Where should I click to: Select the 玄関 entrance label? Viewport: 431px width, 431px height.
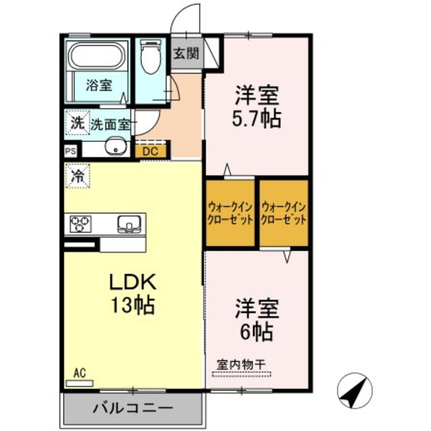[x=186, y=53]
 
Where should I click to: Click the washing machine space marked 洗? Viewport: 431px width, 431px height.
[x=77, y=124]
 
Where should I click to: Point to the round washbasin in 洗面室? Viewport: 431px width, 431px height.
[x=115, y=147]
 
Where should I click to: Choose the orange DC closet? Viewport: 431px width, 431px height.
[x=151, y=151]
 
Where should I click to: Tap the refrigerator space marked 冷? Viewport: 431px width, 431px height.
[x=78, y=176]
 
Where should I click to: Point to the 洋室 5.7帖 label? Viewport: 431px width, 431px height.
[x=257, y=107]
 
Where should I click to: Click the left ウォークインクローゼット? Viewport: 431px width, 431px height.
[x=230, y=212]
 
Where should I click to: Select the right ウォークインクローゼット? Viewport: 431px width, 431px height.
[x=284, y=212]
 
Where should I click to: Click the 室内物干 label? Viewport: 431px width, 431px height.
[x=241, y=364]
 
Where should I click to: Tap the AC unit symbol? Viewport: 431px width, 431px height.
[x=79, y=383]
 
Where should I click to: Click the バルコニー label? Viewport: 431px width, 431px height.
[x=133, y=408]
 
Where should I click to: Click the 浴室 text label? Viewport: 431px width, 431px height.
[x=99, y=85]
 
